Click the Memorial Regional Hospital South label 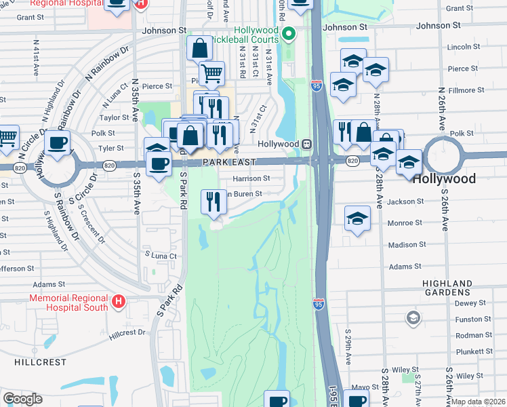(x=68, y=303)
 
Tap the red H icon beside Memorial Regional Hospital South (x=119, y=301)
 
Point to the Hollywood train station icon (x=307, y=144)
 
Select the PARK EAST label (x=228, y=163)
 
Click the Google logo (x=22, y=399)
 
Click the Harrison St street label (x=251, y=179)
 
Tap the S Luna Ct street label (x=161, y=255)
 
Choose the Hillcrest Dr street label (x=127, y=332)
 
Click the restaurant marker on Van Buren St (x=214, y=201)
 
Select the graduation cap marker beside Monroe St (x=357, y=218)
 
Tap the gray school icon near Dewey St (x=412, y=317)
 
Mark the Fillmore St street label (x=464, y=88)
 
